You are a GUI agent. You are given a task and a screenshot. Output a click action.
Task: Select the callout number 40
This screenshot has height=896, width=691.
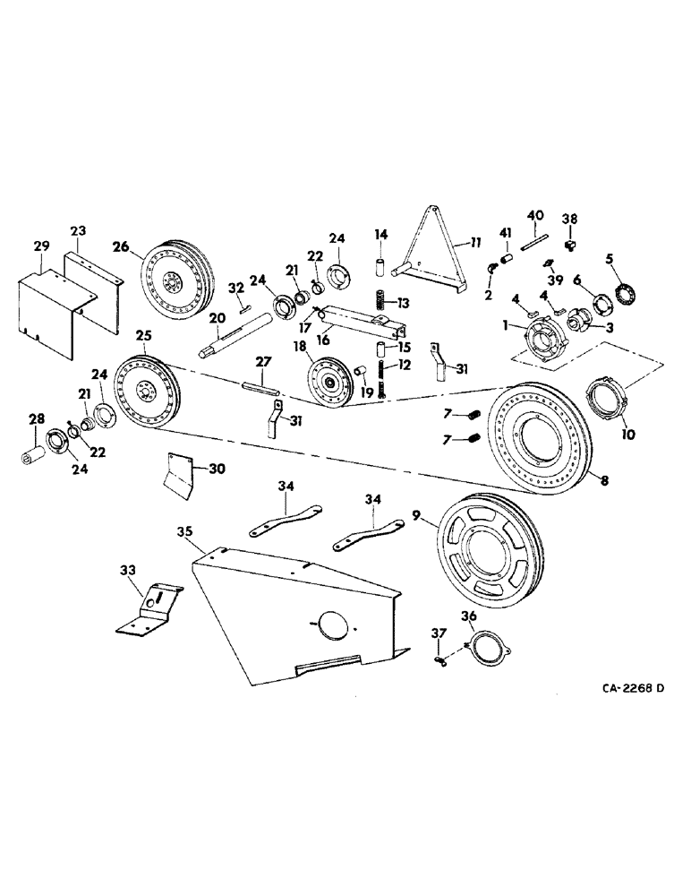pos(534,215)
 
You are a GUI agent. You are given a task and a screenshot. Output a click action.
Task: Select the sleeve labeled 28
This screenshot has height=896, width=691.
pos(35,453)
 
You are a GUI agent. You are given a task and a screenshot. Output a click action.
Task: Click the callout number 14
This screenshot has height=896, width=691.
pos(380,235)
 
